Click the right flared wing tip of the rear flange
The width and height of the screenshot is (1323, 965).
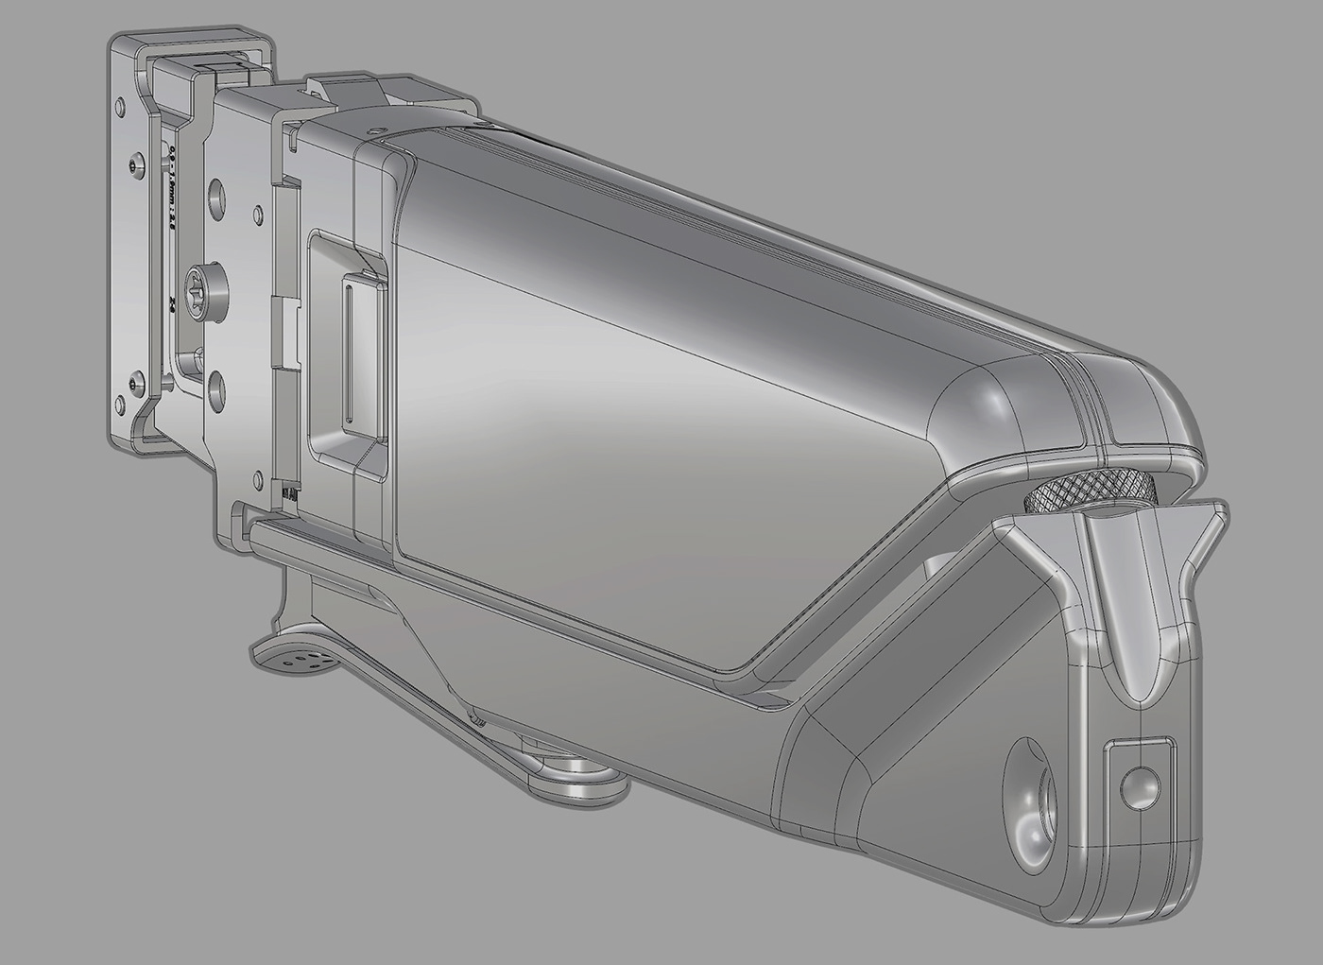click(1219, 515)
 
